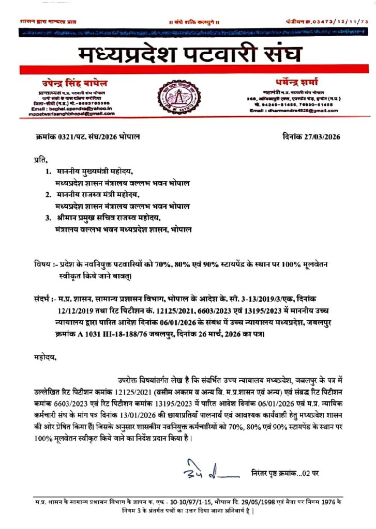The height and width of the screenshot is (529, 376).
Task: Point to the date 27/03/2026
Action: click(321, 137)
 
